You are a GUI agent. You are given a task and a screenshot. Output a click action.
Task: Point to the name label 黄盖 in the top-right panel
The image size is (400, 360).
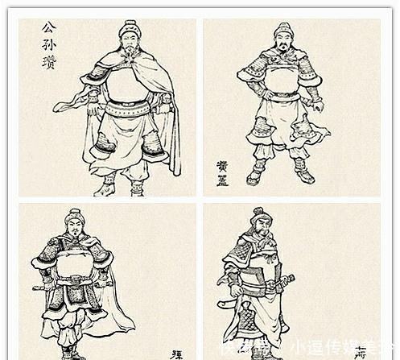point(222,173)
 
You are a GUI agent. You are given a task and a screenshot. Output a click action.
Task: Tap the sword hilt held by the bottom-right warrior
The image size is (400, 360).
point(285,282)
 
